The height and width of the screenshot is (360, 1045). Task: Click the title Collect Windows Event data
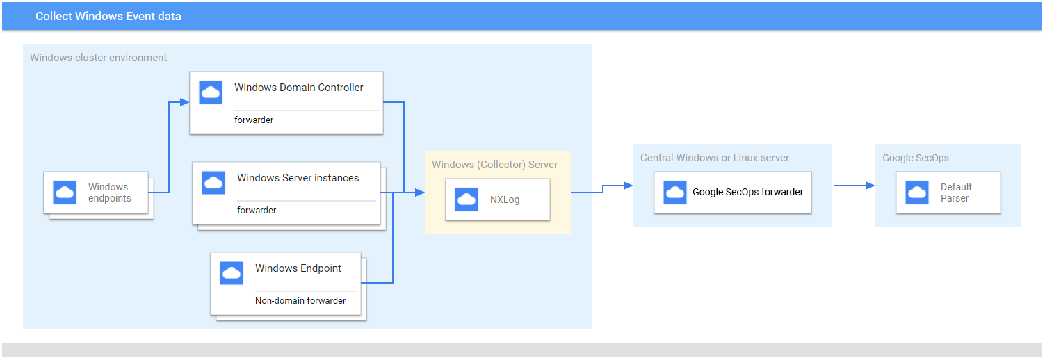click(x=108, y=16)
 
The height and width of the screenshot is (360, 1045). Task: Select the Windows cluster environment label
click(x=98, y=58)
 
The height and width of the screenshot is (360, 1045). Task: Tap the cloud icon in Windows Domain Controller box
click(x=211, y=92)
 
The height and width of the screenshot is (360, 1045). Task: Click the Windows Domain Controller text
click(x=299, y=88)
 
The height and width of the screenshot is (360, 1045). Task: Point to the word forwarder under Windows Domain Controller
click(x=254, y=120)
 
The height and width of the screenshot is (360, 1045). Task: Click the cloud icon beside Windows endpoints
click(x=65, y=193)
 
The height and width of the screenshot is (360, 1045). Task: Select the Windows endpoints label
click(x=109, y=193)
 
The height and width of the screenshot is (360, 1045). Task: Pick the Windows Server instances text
click(x=298, y=178)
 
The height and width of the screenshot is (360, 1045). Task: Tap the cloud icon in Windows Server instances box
click(x=213, y=183)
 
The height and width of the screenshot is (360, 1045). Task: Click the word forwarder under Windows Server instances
click(x=257, y=210)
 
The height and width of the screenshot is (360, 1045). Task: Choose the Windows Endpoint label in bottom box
click(x=298, y=268)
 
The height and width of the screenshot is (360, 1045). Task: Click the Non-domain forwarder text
click(x=300, y=301)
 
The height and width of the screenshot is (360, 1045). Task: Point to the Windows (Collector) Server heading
click(x=494, y=165)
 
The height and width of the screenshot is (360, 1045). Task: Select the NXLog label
click(x=505, y=199)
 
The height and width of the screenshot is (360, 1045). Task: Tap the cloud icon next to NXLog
click(x=467, y=199)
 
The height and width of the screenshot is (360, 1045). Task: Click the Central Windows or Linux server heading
click(x=715, y=158)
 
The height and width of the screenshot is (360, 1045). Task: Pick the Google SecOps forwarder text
click(x=747, y=192)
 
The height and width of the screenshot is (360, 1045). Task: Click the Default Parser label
click(x=956, y=193)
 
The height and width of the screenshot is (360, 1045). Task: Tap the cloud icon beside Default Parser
click(x=917, y=193)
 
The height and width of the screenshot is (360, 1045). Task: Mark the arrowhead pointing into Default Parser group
click(x=870, y=186)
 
